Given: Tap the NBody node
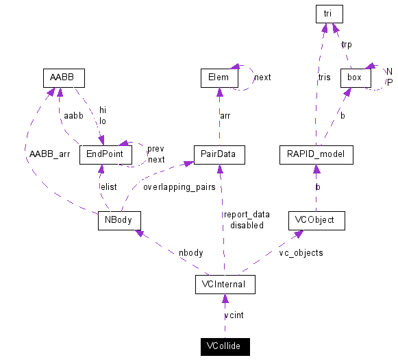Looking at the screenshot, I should (x=119, y=221).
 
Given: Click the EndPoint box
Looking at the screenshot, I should (x=101, y=155).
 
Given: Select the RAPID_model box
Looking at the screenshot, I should (x=316, y=155).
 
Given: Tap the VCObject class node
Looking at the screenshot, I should (x=316, y=221).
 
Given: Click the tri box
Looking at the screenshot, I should (x=329, y=13).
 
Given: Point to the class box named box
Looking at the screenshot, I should (x=355, y=77).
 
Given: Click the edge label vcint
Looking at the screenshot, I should (x=234, y=315).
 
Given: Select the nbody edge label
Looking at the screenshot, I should (x=191, y=252).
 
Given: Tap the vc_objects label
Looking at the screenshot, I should (x=301, y=252).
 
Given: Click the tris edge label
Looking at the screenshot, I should (x=324, y=77).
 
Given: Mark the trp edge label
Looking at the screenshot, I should (x=347, y=44).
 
